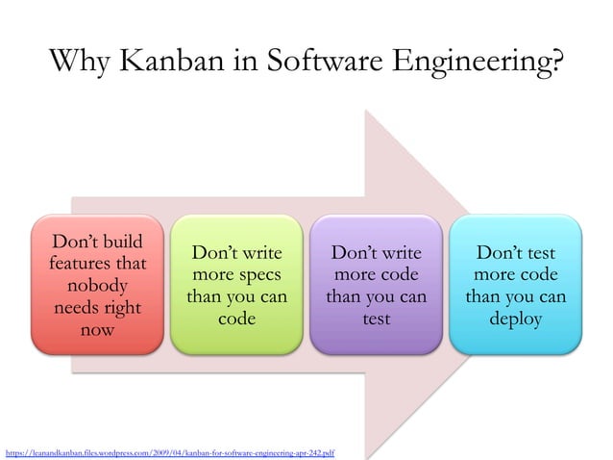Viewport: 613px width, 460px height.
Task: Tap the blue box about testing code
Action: pos(515,285)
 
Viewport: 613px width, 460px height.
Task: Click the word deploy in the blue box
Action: pos(515,319)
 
